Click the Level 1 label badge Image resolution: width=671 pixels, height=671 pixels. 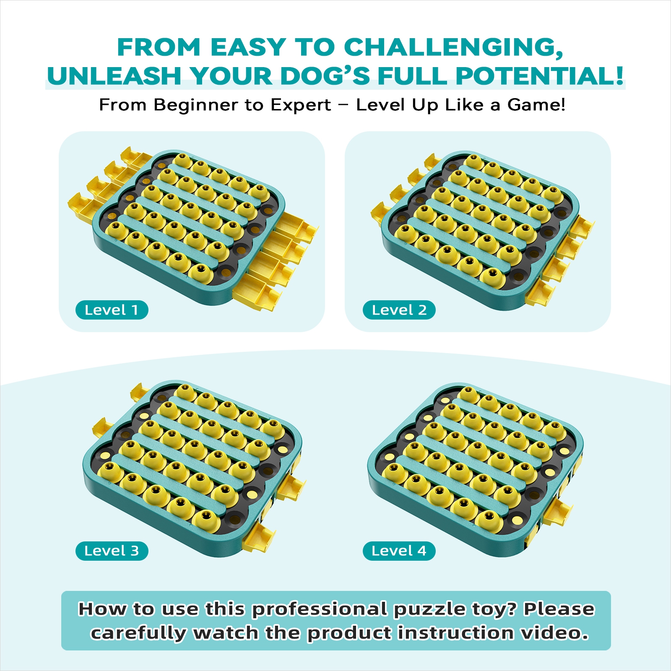point(112,310)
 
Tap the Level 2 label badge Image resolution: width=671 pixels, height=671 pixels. point(399,310)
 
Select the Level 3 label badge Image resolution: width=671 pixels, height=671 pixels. point(112,551)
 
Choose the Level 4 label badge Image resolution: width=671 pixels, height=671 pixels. point(399,551)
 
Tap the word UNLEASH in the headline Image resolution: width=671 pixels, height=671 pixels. point(114,76)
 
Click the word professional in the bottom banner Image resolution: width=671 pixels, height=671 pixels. point(320,610)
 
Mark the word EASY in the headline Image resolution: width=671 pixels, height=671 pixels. point(248,47)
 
